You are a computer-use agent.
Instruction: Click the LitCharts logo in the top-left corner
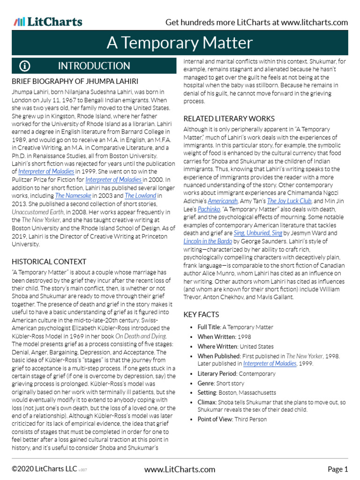click(x=48, y=22)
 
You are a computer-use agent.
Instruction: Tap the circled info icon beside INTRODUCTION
click(x=25, y=66)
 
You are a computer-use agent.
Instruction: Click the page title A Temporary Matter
click(x=180, y=43)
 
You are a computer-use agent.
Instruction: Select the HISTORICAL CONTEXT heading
click(x=49, y=262)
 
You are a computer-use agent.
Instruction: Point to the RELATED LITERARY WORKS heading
click(x=229, y=119)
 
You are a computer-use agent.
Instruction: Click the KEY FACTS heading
click(x=201, y=315)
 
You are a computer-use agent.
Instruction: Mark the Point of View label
click(x=215, y=419)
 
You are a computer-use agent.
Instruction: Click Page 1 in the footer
click(x=337, y=469)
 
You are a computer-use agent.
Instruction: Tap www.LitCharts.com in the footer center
click(x=180, y=469)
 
